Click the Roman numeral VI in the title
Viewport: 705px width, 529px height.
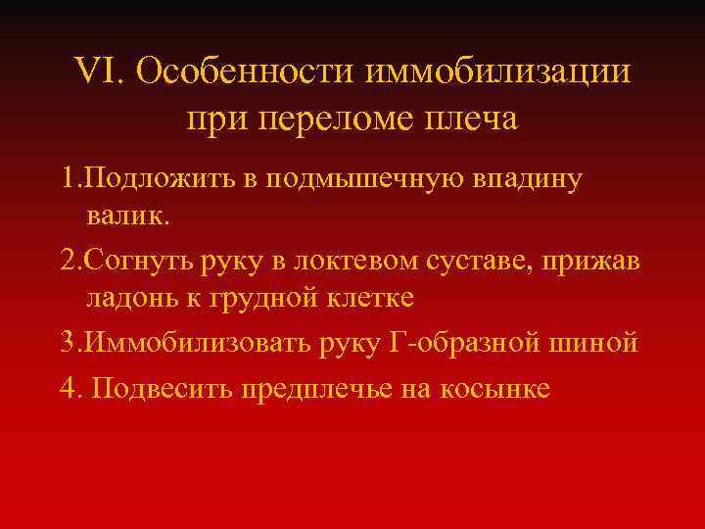[96, 72]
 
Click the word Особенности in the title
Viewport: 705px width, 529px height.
[247, 72]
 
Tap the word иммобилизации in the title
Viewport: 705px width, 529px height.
[498, 72]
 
